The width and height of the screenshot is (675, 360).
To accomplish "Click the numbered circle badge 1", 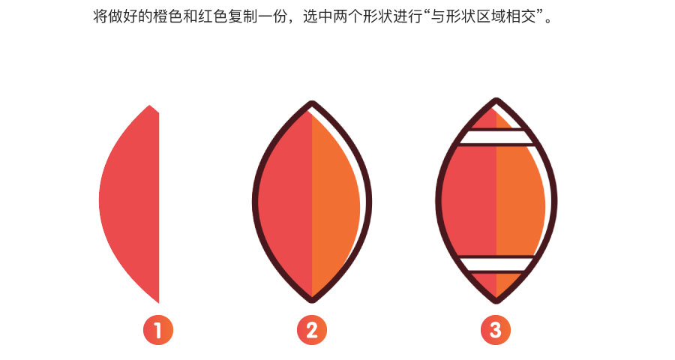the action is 158,330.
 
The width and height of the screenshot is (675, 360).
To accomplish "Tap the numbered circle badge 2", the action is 312,330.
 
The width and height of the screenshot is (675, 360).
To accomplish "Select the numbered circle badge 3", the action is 496,330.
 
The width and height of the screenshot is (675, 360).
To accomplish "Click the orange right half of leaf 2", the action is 334,202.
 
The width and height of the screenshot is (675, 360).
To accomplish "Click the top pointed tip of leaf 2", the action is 312,102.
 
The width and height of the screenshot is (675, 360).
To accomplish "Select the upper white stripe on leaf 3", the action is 496,137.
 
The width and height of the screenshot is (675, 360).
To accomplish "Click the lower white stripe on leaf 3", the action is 496,265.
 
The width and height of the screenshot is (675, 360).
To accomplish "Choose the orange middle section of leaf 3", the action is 520,201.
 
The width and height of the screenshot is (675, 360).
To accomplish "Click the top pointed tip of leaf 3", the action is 496,100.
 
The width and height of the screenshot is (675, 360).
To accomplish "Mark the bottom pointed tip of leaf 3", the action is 496,301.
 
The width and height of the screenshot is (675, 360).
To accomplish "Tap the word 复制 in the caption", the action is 242,16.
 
